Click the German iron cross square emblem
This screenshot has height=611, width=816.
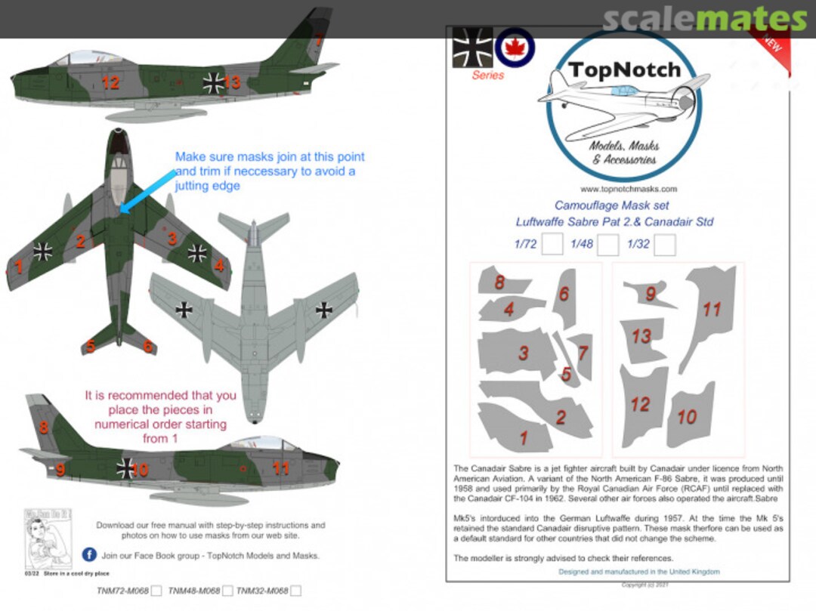click(x=472, y=48)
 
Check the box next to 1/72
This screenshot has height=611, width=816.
click(x=552, y=245)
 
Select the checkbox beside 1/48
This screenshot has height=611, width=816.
click(x=609, y=245)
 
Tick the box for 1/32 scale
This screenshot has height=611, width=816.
click(x=664, y=245)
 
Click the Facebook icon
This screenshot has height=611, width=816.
click(x=89, y=555)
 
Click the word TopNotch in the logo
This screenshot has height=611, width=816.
click(x=624, y=71)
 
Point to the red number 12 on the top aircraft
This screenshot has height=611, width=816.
click(x=110, y=83)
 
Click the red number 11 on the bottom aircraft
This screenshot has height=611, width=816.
click(x=280, y=468)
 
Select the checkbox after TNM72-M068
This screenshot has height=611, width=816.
click(x=156, y=591)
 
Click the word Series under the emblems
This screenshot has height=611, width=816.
click(x=487, y=76)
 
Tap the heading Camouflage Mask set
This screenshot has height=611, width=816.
click(x=611, y=205)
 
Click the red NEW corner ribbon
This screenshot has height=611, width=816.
click(x=771, y=45)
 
